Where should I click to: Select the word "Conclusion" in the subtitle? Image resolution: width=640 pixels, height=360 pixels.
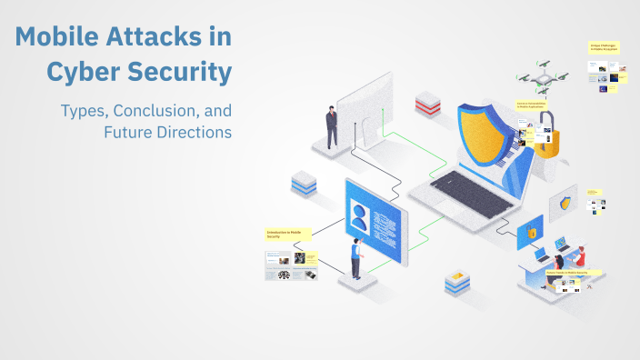150,111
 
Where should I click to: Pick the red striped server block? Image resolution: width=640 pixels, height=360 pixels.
427,103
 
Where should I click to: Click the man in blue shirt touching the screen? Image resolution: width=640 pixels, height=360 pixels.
357,259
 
